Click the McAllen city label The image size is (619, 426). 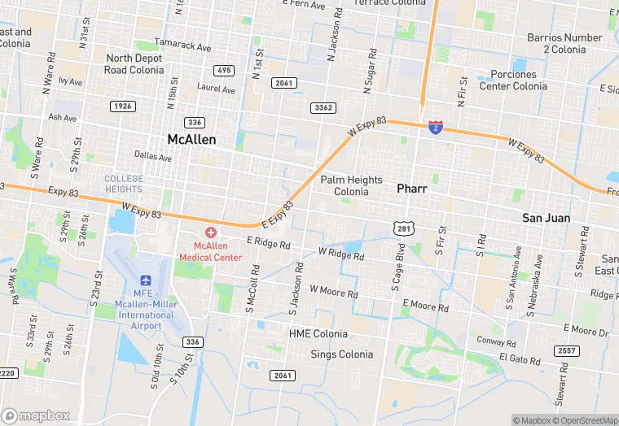(191, 139)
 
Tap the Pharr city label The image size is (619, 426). (411, 188)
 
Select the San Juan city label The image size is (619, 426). (546, 218)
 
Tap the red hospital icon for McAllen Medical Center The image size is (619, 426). (210, 233)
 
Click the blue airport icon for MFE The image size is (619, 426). (146, 280)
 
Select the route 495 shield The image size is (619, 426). (224, 71)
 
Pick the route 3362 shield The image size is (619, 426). (323, 107)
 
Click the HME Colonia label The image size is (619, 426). (318, 334)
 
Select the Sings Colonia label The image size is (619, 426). (342, 354)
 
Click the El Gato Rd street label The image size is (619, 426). (519, 359)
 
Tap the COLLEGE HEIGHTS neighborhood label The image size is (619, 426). (124, 184)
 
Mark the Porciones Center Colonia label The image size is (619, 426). (513, 80)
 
